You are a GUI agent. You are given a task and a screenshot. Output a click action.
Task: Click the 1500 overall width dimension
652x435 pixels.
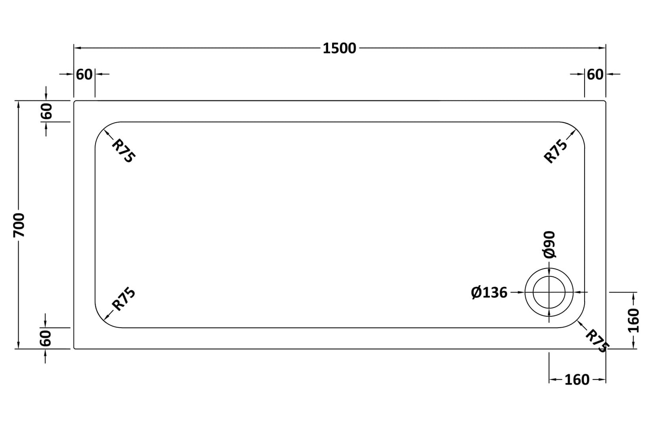pyautogui.click(x=339, y=48)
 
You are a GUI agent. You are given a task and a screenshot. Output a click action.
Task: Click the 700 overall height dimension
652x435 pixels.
pyautogui.click(x=19, y=225)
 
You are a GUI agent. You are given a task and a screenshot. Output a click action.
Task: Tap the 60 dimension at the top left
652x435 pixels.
pyautogui.click(x=84, y=74)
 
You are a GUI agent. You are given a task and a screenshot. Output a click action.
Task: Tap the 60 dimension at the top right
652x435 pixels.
pyautogui.click(x=595, y=74)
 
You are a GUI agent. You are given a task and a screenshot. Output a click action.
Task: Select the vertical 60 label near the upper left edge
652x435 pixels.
pyautogui.click(x=47, y=111)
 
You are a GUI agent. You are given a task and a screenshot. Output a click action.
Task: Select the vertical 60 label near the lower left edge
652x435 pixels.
pyautogui.click(x=46, y=338)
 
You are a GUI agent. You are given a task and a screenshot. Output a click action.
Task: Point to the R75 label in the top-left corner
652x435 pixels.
pyautogui.click(x=123, y=151)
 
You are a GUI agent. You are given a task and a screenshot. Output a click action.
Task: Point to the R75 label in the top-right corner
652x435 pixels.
pyautogui.click(x=556, y=151)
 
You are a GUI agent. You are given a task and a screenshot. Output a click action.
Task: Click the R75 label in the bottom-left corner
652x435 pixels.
pyautogui.click(x=124, y=299)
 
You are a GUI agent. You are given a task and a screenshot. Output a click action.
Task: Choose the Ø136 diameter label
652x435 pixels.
pyautogui.click(x=489, y=292)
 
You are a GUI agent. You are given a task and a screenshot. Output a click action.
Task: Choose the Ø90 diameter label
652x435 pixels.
pyautogui.click(x=549, y=244)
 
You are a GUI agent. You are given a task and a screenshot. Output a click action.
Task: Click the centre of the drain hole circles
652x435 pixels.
pyautogui.click(x=549, y=292)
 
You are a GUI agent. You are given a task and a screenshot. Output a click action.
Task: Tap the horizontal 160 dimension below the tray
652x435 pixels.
pyautogui.click(x=577, y=380)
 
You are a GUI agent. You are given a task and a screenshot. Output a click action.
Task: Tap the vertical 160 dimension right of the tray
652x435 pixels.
pyautogui.click(x=633, y=321)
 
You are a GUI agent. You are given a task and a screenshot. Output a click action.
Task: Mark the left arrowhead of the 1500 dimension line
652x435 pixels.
pyautogui.click(x=77, y=48)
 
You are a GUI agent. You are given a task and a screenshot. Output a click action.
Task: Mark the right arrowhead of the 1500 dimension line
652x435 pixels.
pyautogui.click(x=602, y=48)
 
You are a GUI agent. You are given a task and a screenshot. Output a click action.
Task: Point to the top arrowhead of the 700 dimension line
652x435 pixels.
pyautogui.click(x=19, y=104)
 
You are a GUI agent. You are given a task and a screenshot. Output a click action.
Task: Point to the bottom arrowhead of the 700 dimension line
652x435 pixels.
pyautogui.click(x=19, y=345)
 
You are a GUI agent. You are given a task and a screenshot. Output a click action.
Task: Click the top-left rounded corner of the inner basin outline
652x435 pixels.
pyautogui.click(x=103, y=130)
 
